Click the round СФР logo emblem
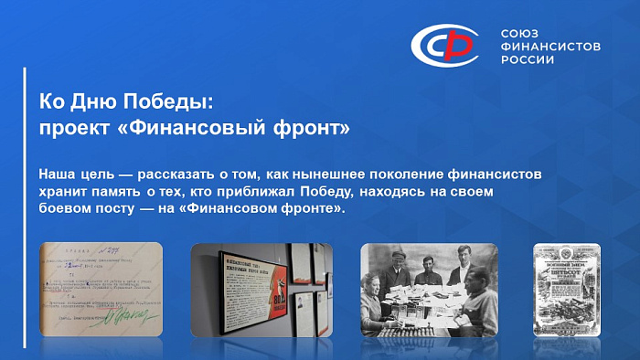click(443, 44)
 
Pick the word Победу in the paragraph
click(346, 191)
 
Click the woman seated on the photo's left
click(377, 306)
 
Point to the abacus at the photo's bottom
click(421, 327)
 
